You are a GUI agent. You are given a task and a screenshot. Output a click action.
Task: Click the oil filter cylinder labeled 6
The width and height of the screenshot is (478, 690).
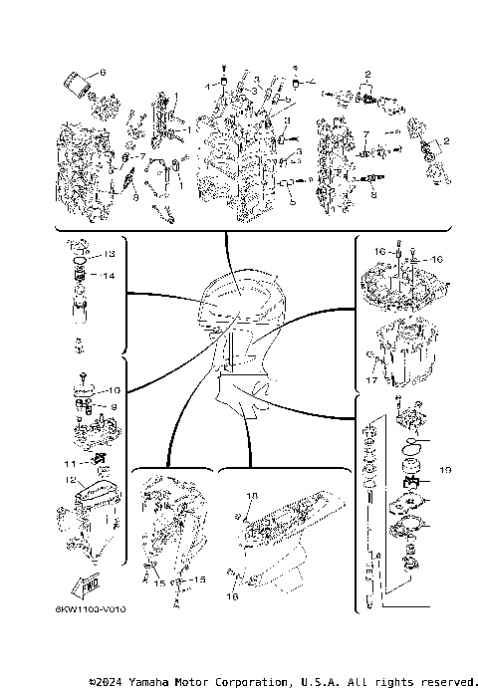coord(75,80)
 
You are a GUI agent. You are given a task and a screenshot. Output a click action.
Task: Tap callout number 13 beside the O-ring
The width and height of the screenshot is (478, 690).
coord(111,254)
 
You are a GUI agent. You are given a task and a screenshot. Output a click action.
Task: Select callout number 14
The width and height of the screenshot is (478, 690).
coord(111,275)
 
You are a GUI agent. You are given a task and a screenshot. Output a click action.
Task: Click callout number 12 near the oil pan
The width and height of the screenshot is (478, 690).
coord(71,480)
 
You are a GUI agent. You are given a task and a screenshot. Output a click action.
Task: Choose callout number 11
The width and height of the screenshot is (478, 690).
coord(70,464)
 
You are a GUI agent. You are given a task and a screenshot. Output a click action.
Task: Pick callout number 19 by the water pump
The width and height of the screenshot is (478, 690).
coord(445,467)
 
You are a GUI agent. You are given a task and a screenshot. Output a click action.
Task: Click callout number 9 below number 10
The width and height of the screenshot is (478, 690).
coord(113,406)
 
